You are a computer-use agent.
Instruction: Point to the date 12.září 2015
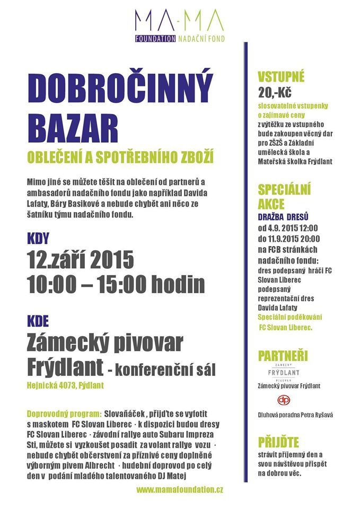(x=81, y=260)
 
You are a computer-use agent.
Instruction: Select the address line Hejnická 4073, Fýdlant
(x=65, y=386)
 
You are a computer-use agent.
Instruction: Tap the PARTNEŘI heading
(x=283, y=356)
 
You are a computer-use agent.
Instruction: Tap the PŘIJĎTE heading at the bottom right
(x=279, y=442)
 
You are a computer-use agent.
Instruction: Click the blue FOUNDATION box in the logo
(x=155, y=39)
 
